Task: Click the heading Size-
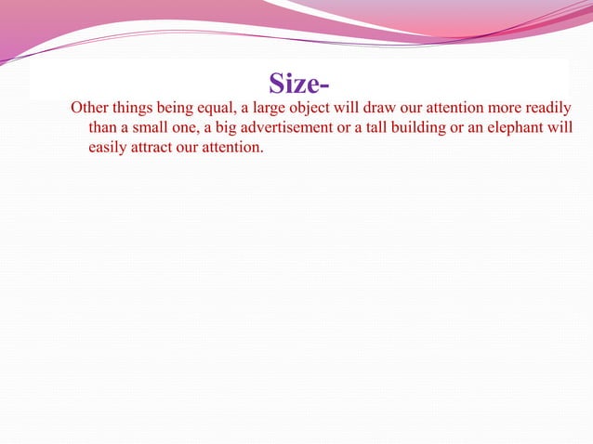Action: click(x=298, y=84)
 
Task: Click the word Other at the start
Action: click(x=90, y=107)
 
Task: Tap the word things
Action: click(x=137, y=107)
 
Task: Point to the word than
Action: click(x=103, y=127)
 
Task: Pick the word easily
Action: click(x=109, y=148)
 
